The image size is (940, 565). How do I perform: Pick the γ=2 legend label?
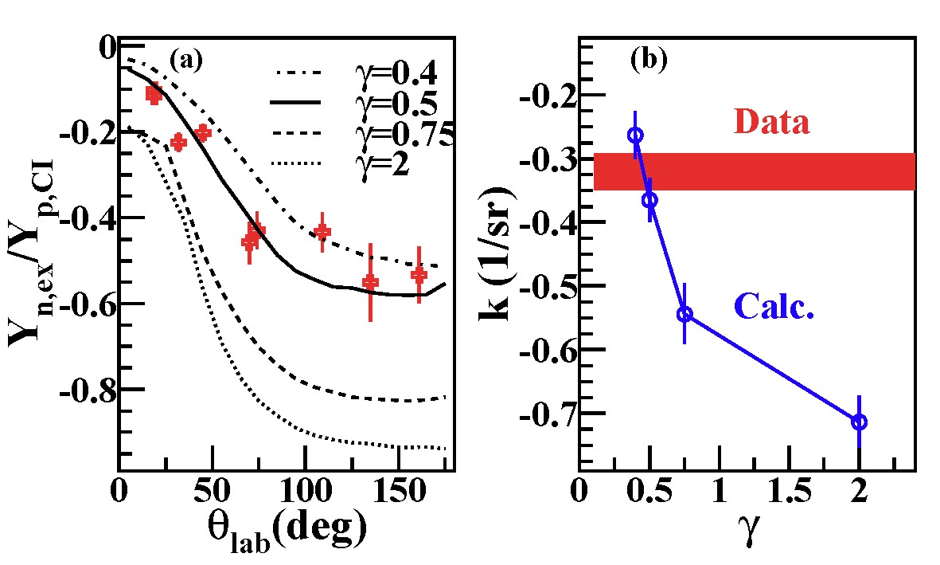(381, 164)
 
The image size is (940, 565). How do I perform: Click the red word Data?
(771, 122)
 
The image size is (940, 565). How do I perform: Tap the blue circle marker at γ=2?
(859, 422)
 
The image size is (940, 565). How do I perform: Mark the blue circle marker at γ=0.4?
(635, 135)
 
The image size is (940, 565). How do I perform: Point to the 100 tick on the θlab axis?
(305, 488)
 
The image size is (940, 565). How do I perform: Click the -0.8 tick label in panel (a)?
(88, 390)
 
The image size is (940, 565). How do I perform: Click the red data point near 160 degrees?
(419, 275)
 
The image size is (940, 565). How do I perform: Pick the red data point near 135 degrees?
(370, 282)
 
